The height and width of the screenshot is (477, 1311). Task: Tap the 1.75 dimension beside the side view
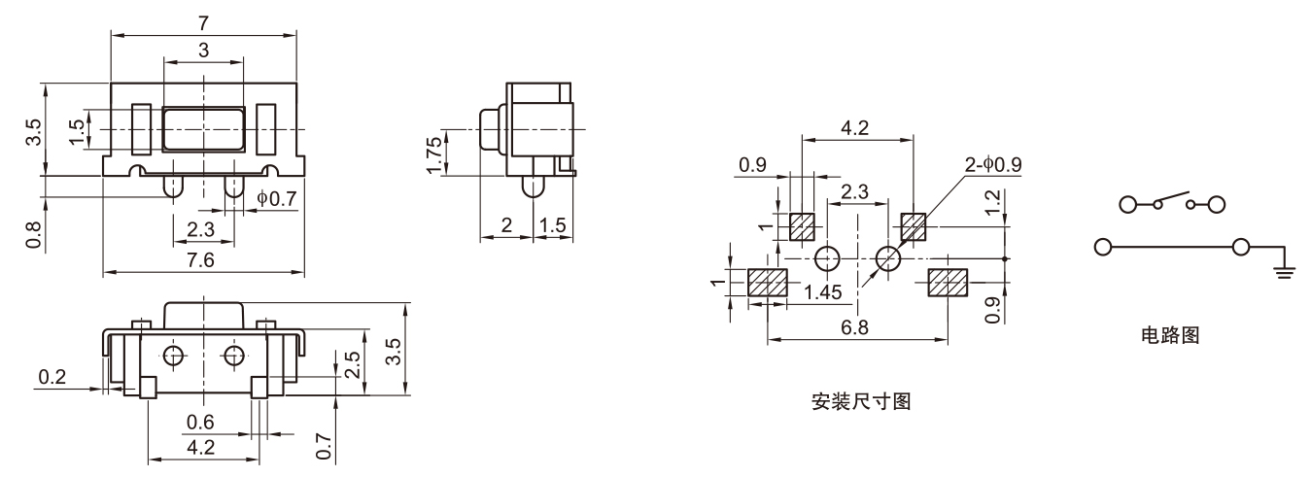[434, 152]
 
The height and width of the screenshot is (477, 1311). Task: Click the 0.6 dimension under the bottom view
[201, 423]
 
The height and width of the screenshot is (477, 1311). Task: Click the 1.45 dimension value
[824, 290]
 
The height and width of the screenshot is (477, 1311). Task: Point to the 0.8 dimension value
[32, 236]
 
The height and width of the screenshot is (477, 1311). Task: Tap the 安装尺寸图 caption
[860, 401]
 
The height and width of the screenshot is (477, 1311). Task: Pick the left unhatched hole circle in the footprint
[827, 258]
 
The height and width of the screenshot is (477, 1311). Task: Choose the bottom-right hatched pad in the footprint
[949, 283]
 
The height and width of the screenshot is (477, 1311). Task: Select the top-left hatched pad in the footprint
[801, 226]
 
